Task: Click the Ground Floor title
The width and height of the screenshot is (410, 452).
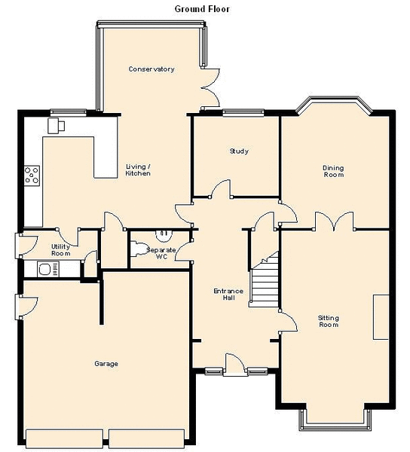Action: click(202, 9)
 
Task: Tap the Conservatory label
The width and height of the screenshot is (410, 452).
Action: click(151, 69)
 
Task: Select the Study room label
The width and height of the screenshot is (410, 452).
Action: click(239, 151)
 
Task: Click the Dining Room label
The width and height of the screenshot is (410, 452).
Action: click(333, 171)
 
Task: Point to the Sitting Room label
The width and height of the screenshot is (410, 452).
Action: click(329, 321)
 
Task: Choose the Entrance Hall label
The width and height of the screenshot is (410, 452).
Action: click(228, 295)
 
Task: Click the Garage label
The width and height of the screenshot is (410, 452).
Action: click(106, 364)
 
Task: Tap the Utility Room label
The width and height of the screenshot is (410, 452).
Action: click(60, 250)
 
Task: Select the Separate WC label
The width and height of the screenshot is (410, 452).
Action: click(161, 253)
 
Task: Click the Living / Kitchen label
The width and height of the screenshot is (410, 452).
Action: click(138, 170)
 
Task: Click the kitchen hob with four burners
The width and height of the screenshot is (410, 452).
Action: click(32, 176)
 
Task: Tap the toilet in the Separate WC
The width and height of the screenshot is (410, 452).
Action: click(139, 249)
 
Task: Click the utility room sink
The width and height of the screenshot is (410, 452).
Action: click(48, 269)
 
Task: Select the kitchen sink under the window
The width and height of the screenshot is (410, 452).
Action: click(57, 125)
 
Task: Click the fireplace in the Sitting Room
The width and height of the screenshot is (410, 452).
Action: click(381, 317)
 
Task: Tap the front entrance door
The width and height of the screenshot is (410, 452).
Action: click(235, 365)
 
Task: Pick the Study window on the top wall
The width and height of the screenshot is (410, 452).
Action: click(243, 113)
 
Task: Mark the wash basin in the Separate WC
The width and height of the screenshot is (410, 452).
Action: click(164, 236)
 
